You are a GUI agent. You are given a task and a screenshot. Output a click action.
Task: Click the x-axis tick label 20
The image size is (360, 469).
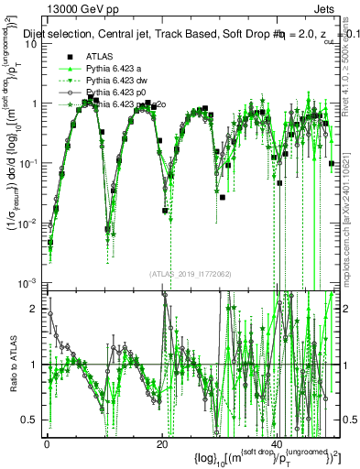(x=162, y=442)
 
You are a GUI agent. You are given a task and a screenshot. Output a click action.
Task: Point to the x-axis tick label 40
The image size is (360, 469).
(x=277, y=442)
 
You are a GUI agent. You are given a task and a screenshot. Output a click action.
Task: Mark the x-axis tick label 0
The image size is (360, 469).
(x=47, y=442)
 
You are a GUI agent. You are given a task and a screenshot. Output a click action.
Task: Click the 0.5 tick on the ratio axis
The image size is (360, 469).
(x=32, y=420)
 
